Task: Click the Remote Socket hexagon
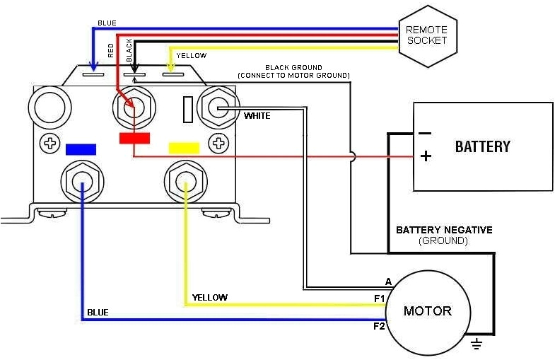click(x=427, y=35)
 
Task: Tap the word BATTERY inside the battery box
click(x=482, y=146)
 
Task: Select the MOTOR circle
click(x=427, y=311)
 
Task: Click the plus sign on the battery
click(x=426, y=156)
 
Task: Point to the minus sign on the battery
click(x=425, y=133)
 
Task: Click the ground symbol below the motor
click(x=476, y=344)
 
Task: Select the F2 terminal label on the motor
click(x=379, y=326)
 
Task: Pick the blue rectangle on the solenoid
click(x=80, y=149)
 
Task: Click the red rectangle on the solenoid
click(x=134, y=138)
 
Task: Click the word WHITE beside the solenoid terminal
click(x=257, y=115)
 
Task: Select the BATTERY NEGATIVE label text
click(x=444, y=230)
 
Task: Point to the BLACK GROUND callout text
click(x=293, y=68)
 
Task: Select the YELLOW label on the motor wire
click(x=211, y=297)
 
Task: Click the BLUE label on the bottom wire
click(x=98, y=312)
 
